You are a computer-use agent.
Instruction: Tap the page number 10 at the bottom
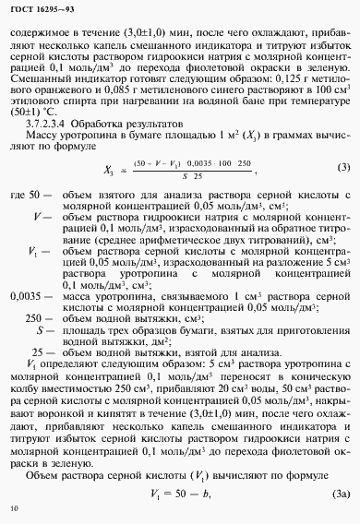12,507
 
